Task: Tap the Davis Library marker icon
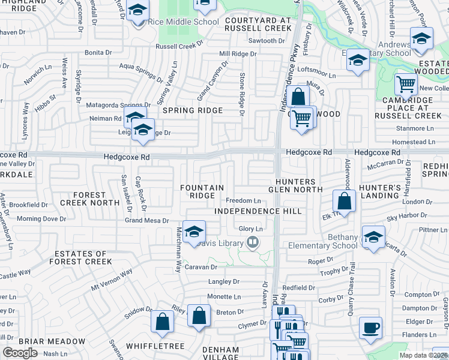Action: click(253, 243)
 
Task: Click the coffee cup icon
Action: click(370, 328)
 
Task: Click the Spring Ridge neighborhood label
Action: click(191, 110)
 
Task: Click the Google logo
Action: click(20, 353)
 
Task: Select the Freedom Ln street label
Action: click(243, 200)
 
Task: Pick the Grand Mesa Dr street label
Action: click(146, 221)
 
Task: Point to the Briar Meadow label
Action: click(52, 341)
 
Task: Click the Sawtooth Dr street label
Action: click(267, 41)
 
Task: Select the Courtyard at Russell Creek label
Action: click(258, 24)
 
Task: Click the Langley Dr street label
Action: click(223, 281)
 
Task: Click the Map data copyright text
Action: click(424, 355)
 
